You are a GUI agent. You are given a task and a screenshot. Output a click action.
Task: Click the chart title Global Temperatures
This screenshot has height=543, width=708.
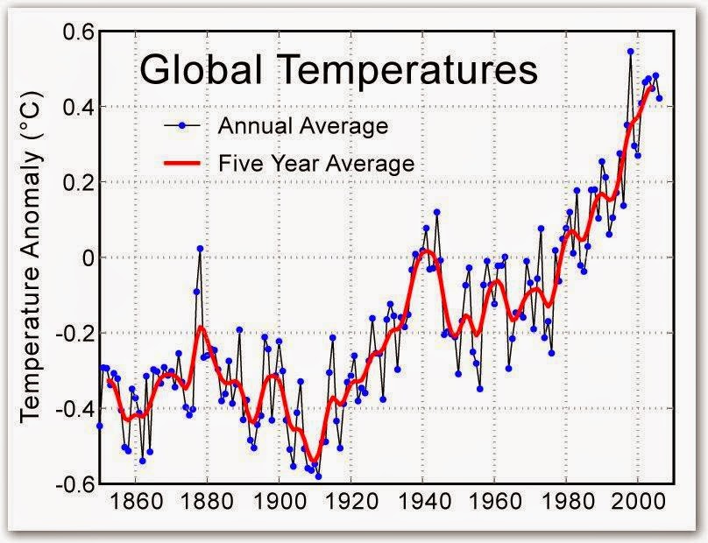coord(338,70)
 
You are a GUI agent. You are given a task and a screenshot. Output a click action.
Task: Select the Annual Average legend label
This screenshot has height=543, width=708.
coord(302,126)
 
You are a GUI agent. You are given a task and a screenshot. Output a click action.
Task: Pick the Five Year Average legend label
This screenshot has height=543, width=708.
coord(315,163)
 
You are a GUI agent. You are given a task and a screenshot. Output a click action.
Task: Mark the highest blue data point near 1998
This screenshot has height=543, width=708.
coord(630,52)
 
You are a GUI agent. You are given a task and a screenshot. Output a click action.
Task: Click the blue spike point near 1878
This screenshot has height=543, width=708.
coord(200,249)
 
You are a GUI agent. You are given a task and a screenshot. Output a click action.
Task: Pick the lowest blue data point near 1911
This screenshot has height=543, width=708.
coord(318,476)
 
